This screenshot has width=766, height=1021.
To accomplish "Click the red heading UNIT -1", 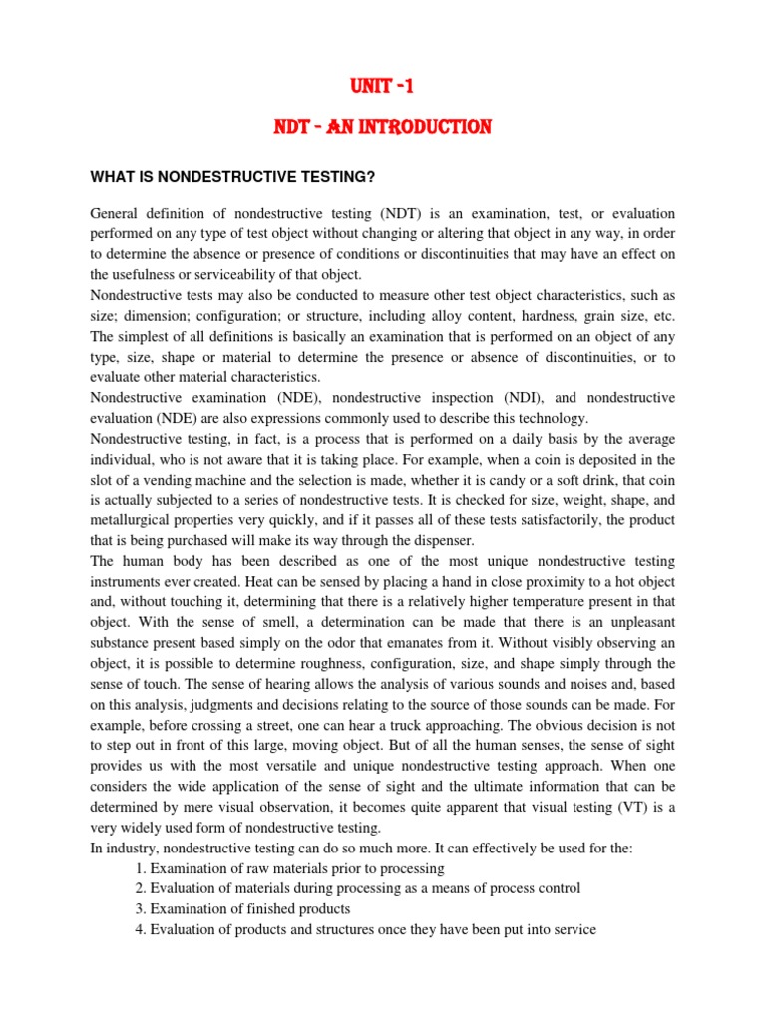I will [383, 88].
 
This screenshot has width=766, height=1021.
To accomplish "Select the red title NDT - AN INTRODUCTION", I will [383, 128].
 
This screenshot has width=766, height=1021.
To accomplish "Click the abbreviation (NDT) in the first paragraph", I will [400, 214].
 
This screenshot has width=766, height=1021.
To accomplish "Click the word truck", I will [382, 725].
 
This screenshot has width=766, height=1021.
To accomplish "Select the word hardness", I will [512, 316].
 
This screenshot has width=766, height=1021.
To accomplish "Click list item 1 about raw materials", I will [289, 868].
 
